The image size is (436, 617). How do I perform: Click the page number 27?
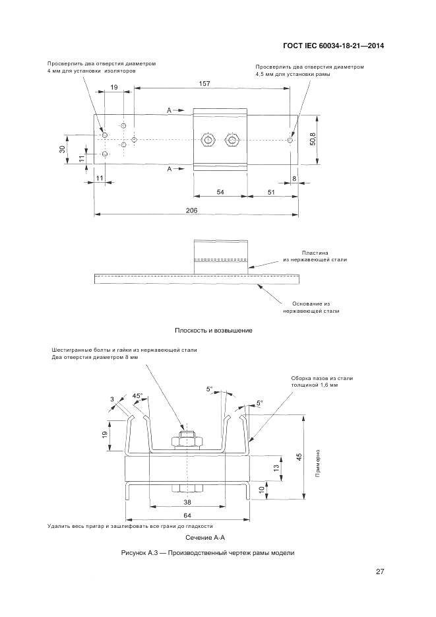pyautogui.click(x=380, y=571)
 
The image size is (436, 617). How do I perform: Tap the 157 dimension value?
pyautogui.click(x=204, y=84)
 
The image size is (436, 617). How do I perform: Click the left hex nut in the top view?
pyautogui.click(x=208, y=140)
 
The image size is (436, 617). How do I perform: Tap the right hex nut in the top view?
pyautogui.click(x=231, y=140)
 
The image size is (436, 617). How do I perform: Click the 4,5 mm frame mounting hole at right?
pyautogui.click(x=291, y=140)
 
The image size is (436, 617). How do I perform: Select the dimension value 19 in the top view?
pyautogui.click(x=114, y=87)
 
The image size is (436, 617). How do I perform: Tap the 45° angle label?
pyautogui.click(x=138, y=396)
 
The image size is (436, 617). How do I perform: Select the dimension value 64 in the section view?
pyautogui.click(x=187, y=515)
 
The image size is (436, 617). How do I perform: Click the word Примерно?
pyautogui.click(x=318, y=465)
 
